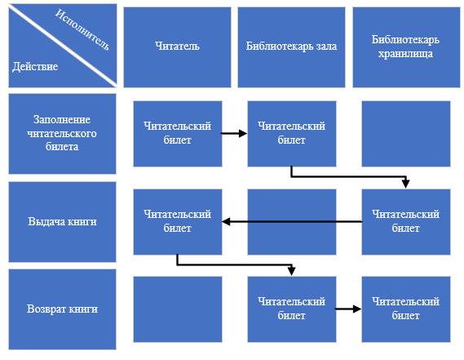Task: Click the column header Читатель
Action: point(177,47)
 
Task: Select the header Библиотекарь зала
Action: point(291,47)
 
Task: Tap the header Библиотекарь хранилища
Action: point(406,47)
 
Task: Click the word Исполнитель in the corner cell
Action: point(82,29)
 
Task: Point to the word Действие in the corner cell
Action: point(35,67)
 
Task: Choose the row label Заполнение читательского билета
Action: point(62,134)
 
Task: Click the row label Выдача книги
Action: point(62,222)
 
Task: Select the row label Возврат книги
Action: point(62,309)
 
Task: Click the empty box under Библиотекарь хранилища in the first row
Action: point(406,134)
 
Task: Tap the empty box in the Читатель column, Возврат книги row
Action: point(178,309)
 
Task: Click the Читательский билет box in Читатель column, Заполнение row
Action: point(178,134)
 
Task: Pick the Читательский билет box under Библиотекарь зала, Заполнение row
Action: point(292,134)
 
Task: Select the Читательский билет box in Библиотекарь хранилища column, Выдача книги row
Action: point(406,222)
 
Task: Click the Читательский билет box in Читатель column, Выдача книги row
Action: point(178,222)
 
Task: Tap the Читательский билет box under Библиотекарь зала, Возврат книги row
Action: point(292,309)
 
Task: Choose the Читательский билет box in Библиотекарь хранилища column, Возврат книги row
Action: point(406,309)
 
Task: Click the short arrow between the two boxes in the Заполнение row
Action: point(234,133)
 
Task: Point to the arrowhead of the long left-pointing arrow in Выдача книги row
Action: point(226,221)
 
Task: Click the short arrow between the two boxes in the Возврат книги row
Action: point(348,309)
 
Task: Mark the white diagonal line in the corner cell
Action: point(63,46)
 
